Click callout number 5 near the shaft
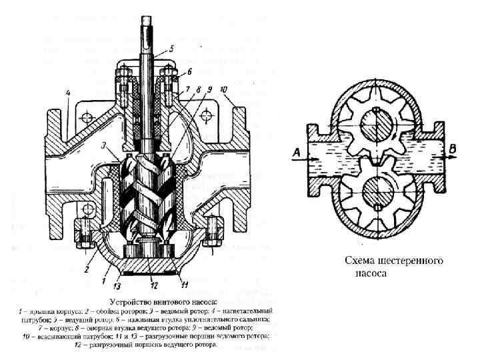tap(171, 48)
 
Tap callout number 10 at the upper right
tap(223, 89)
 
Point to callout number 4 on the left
tap(68, 92)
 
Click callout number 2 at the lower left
tap(87, 270)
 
